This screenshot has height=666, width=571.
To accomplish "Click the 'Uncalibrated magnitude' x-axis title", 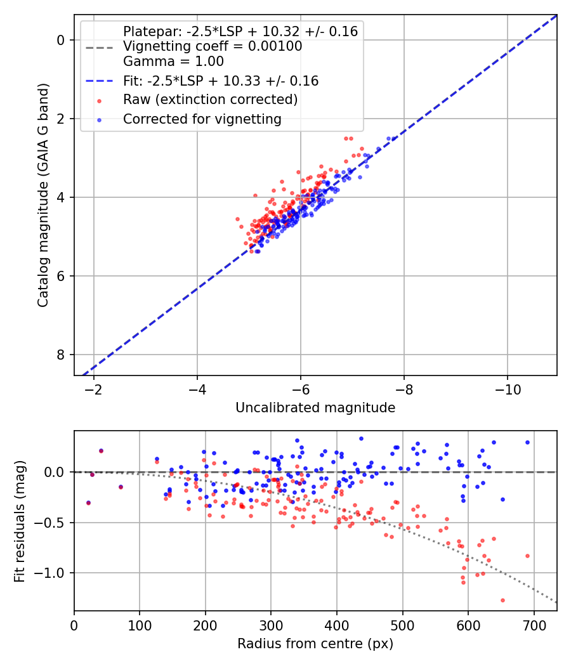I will [x=315, y=408].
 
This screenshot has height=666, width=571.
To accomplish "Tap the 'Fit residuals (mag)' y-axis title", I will [x=20, y=521].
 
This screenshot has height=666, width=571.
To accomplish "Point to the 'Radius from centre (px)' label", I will [x=315, y=644].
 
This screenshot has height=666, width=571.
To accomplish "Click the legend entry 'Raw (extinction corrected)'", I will [x=210, y=100].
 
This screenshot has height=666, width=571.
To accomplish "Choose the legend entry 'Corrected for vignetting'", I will [x=202, y=119].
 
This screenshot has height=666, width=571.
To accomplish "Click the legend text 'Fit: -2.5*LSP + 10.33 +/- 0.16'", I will [x=221, y=81].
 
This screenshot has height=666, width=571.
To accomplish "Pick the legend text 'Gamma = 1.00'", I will [x=173, y=62].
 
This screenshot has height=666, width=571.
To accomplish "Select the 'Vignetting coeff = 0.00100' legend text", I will [x=213, y=46].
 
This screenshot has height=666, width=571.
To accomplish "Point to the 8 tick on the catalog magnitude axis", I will [x=62, y=355].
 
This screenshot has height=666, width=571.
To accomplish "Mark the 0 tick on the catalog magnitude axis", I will [x=62, y=40].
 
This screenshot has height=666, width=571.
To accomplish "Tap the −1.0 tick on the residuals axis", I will [x=54, y=573].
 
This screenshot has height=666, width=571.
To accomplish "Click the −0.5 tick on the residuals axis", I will [x=54, y=523].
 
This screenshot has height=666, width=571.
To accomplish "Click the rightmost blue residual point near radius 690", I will [x=527, y=442].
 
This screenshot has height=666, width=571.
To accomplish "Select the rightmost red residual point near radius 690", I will [x=527, y=556].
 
